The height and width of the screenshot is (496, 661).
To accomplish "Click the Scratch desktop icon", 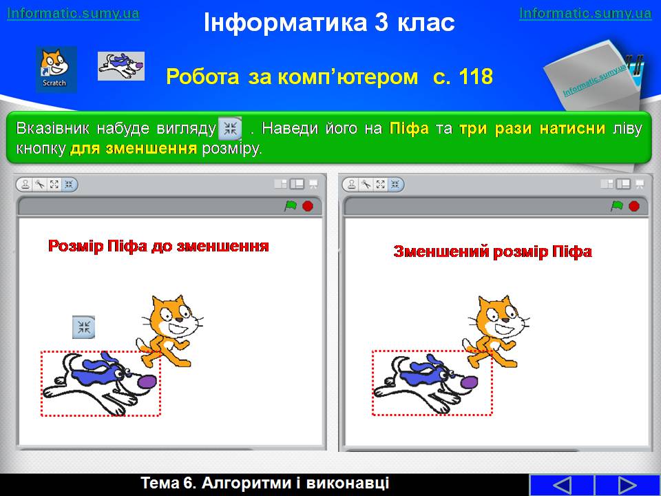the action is coord(56,69).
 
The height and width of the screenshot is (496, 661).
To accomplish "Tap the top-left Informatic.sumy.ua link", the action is coord(74,13).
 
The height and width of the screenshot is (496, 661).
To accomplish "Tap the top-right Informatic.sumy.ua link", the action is coord(585,13).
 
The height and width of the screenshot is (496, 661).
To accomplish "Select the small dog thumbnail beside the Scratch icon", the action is coord(121,66).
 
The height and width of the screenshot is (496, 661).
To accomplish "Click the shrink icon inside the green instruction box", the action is coord(230,129).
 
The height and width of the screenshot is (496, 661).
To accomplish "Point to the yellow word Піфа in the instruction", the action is coord(409,128).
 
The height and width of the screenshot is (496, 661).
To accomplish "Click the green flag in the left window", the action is coord(291,206).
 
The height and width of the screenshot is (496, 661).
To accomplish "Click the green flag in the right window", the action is coord(617,206).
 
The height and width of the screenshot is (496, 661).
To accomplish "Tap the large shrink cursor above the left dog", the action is coord(83,327).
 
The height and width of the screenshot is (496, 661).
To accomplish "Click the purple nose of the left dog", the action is coord(147,381).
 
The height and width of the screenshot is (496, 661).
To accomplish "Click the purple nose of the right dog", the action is coord(469,382).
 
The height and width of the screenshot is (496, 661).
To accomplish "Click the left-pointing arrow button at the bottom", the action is coord(562,485).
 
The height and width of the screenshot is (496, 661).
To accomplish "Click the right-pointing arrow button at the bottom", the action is coord(627,485).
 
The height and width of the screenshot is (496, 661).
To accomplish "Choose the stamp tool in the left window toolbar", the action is coord(25,185).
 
